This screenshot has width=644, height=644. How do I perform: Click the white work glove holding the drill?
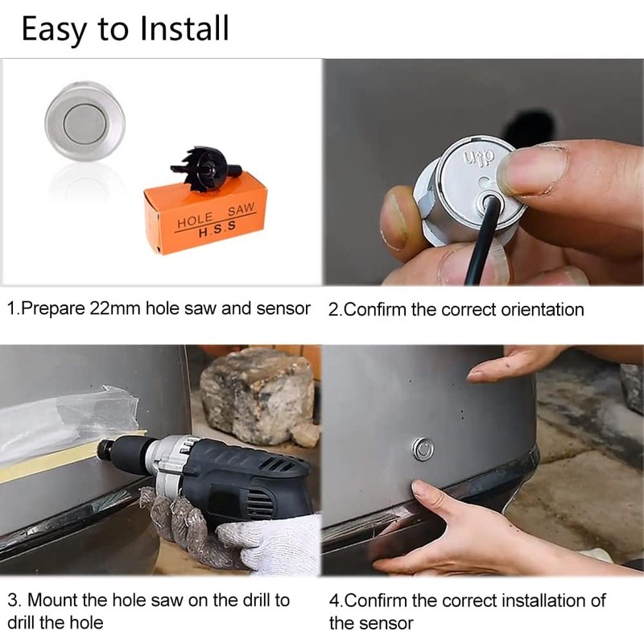click(266, 543)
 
